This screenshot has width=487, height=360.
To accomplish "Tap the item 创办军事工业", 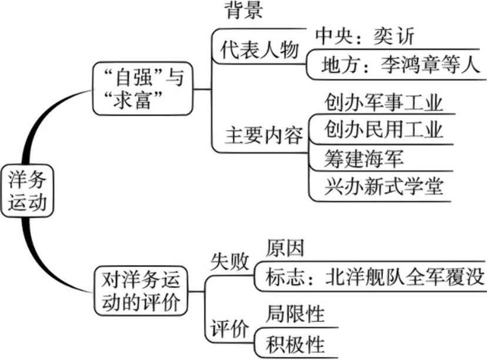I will point(383,103).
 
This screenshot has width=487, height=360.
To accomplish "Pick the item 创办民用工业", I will point(383,130).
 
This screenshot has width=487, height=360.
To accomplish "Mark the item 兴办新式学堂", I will point(383,186).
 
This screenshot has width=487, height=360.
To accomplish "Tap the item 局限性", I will point(295,314).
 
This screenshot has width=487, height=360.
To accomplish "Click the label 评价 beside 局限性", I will point(229,328).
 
